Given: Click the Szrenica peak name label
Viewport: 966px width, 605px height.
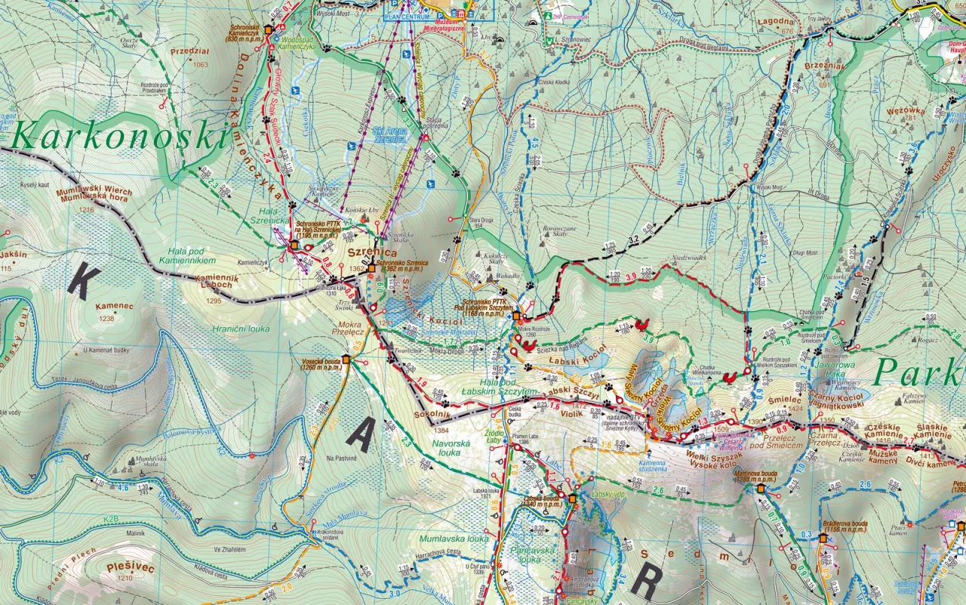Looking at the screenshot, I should pyautogui.click(x=367, y=251).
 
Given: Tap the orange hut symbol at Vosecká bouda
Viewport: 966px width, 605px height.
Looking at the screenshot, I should pyautogui.click(x=346, y=360).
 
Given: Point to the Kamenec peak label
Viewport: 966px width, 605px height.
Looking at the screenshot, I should pyautogui.click(x=114, y=307).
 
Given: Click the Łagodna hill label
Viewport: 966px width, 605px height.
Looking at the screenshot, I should pyautogui.click(x=776, y=23).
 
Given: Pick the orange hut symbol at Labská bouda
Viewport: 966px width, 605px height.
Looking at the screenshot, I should pyautogui.click(x=572, y=499).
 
